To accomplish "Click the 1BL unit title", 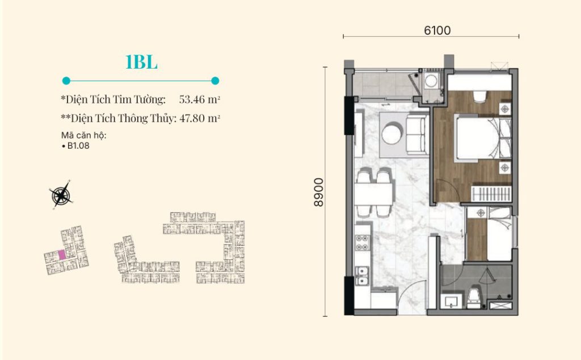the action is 141,62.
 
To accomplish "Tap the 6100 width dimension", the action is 437,31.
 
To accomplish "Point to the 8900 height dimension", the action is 318,192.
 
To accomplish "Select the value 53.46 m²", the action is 200,99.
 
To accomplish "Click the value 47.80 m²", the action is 200,118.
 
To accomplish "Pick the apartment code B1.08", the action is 78,146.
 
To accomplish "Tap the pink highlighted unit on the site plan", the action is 62,255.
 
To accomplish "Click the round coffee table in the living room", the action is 391,134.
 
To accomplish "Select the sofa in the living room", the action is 417,134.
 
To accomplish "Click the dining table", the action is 373,194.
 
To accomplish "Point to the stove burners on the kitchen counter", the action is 362,243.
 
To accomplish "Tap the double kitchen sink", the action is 362,276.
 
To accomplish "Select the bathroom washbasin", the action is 451,302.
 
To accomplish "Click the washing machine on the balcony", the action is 431,81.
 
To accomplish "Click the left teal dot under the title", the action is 66,81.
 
